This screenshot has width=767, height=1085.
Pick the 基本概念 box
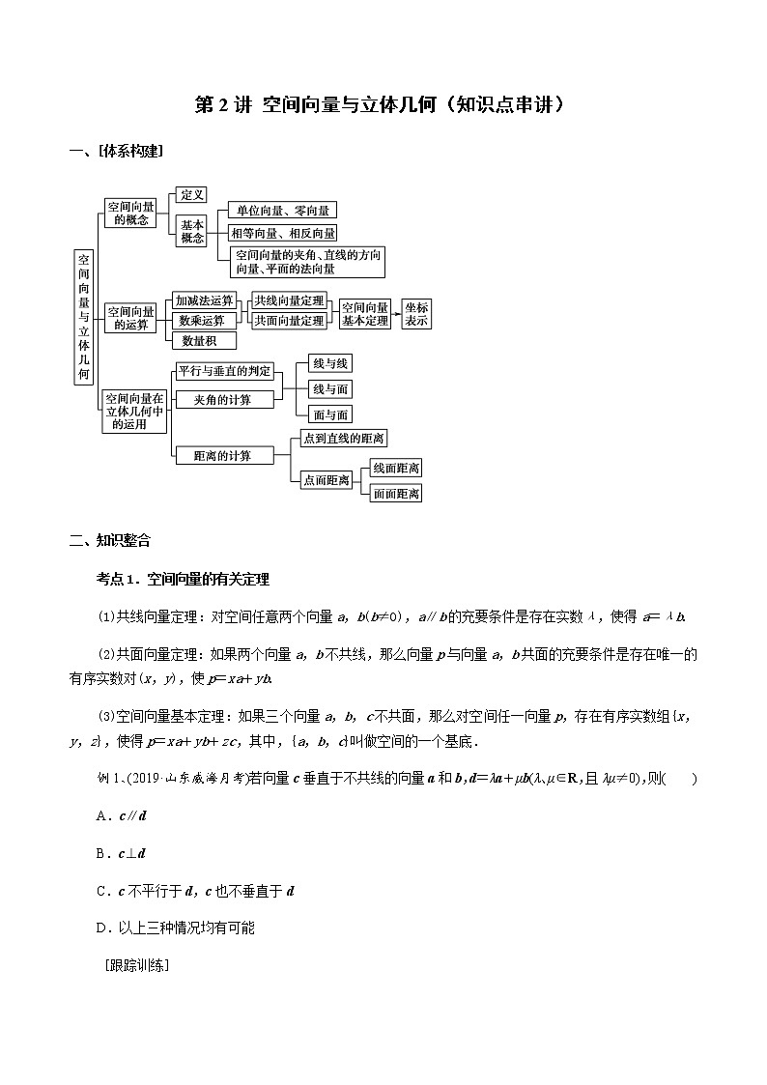pos(192,231)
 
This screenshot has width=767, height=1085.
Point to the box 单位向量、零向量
pos(282,210)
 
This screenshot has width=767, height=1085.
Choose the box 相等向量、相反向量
pos(282,233)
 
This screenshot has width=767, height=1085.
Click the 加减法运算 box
pos(204,300)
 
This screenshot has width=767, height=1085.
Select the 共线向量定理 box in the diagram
pos(289,300)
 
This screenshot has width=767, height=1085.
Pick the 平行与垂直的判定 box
pos(225,372)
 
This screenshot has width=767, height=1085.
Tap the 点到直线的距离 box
pos(344,439)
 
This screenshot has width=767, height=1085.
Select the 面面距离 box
pos(396,493)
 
